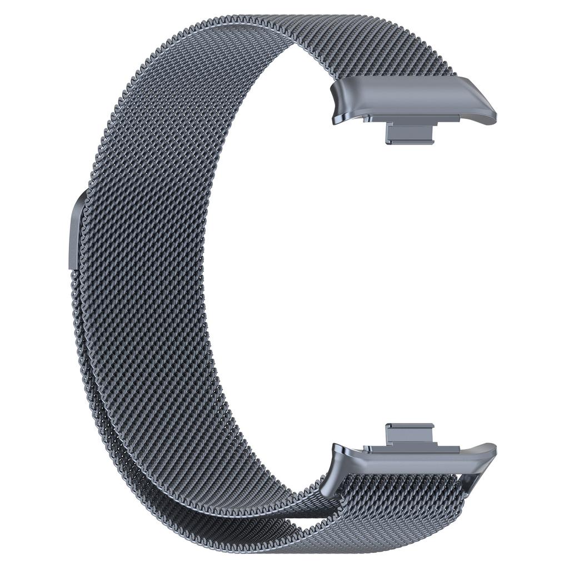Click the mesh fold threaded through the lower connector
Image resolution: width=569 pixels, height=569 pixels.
[400, 489]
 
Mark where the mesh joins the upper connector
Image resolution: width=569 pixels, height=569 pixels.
[389, 78]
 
